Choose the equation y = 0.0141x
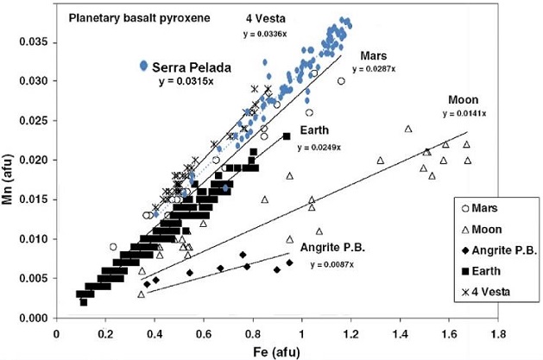[x=465, y=113]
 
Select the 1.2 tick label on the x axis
[x=350, y=330]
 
